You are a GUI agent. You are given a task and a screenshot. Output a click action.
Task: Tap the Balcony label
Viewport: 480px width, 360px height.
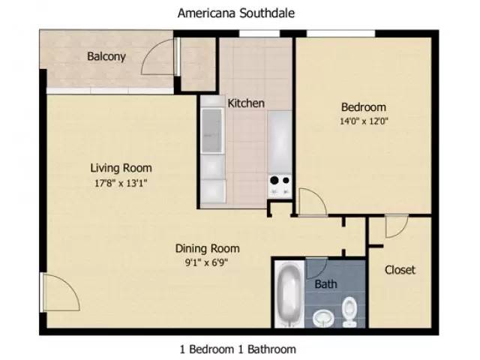pyautogui.click(x=106, y=56)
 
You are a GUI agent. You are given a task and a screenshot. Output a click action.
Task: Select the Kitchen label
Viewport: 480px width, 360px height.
pyautogui.click(x=246, y=103)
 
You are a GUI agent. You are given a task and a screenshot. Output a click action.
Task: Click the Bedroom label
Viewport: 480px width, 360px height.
pyautogui.click(x=364, y=106)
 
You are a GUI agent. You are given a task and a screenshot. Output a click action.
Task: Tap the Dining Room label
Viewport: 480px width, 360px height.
pyautogui.click(x=207, y=248)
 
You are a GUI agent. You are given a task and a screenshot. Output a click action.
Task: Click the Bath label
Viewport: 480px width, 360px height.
pyautogui.click(x=325, y=284)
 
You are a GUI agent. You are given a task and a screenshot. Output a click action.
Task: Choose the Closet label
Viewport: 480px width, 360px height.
pyautogui.click(x=400, y=269)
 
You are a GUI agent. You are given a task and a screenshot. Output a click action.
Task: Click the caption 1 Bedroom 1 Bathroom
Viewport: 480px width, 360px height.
pyautogui.click(x=238, y=349)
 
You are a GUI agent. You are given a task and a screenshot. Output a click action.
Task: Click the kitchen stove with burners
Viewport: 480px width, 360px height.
pyautogui.click(x=279, y=184)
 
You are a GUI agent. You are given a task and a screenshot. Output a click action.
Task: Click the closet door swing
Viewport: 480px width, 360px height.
pyautogui.click(x=396, y=227)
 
